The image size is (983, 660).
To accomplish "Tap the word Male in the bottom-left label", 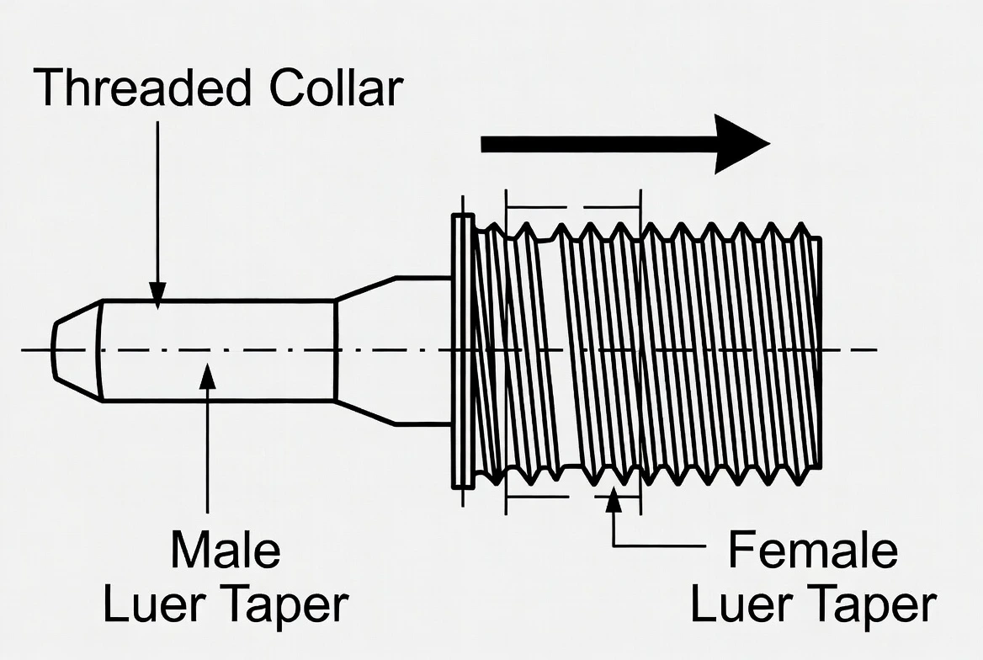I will tap(225, 551).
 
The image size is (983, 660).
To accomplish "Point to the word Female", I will tap(813, 551).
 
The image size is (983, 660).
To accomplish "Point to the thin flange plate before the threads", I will tap(462, 349).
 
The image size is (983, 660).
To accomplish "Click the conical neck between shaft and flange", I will tap(365, 349).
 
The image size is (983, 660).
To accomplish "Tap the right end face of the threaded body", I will tap(818, 349).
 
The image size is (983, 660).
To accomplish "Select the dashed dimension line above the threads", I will tap(572, 205).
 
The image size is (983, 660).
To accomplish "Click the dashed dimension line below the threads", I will tap(555, 496).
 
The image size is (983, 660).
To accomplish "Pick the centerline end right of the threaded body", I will tap(867, 349).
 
